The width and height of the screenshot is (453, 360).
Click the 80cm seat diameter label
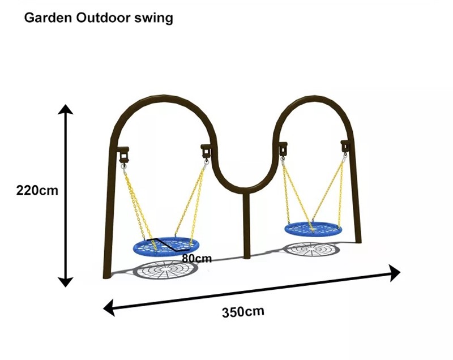[197, 259]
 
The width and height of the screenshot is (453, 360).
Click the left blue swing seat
[165, 245]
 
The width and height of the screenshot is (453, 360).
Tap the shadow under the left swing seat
[166, 270]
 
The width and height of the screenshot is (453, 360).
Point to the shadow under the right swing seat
[311, 248]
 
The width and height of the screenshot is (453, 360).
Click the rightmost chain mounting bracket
[344, 146]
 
